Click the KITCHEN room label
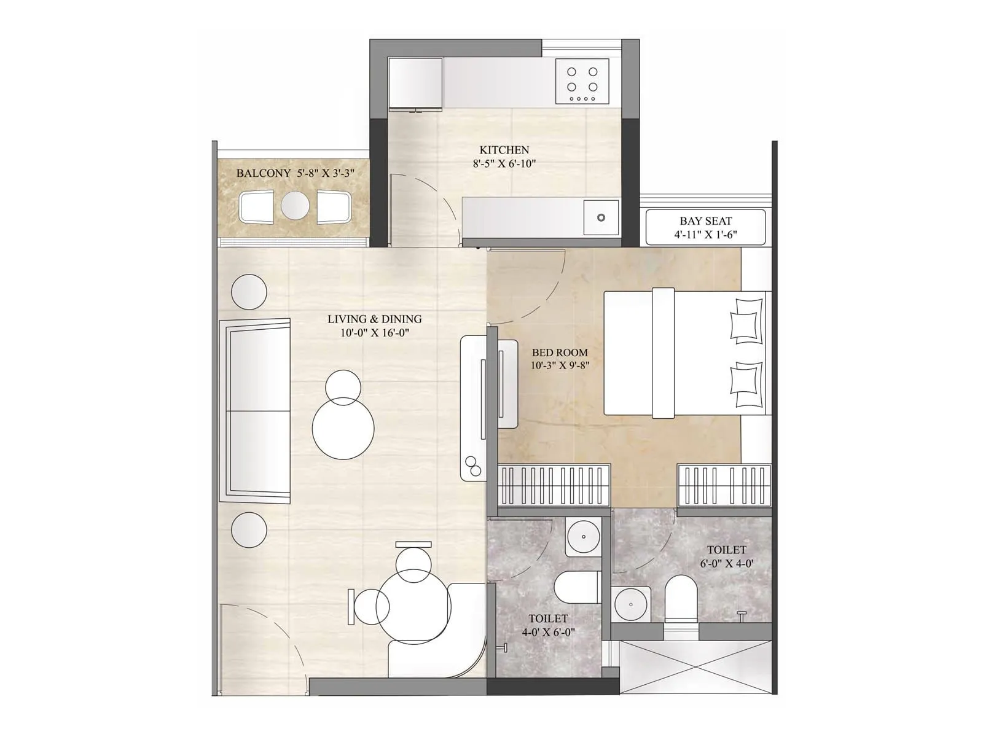(x=504, y=150)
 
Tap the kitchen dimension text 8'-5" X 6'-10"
(x=504, y=164)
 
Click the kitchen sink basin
(x=601, y=217)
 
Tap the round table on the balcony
(x=295, y=206)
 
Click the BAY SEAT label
(x=705, y=220)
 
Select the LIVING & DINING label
(x=374, y=319)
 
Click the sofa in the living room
(x=255, y=410)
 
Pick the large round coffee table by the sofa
(x=343, y=428)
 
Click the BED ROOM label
(x=560, y=353)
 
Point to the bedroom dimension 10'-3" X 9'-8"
(x=560, y=365)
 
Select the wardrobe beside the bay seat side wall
(x=724, y=485)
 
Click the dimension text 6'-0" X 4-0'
(x=726, y=563)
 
